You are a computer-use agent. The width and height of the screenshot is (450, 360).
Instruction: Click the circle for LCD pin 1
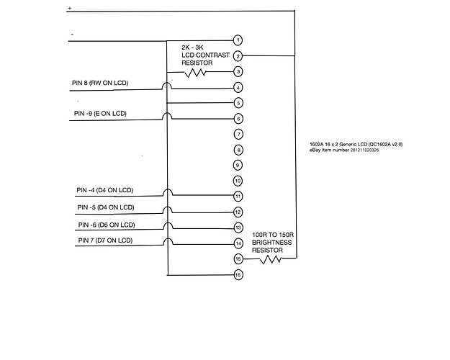point(238,40)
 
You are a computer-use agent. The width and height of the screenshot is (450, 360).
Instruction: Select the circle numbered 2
point(238,55)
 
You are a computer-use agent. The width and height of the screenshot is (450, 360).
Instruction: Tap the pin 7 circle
point(238,134)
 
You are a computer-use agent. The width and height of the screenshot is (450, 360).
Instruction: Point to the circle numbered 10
point(238,181)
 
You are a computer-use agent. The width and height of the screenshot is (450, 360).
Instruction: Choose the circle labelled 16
point(238,274)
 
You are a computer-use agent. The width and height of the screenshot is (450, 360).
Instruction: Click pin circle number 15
point(238,258)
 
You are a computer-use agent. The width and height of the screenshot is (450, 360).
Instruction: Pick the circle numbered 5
point(238,103)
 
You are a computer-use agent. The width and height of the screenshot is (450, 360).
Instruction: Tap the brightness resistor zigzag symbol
point(269,258)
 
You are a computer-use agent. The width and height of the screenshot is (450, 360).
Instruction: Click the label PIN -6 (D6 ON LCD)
point(105,224)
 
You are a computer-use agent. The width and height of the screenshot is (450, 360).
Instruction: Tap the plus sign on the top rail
point(70,8)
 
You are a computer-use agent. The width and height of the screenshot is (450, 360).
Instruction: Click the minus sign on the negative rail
point(71,33)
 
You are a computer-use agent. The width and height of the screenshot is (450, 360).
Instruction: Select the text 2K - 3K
point(192,46)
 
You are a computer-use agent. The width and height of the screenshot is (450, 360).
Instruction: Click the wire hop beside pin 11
point(168,193)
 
